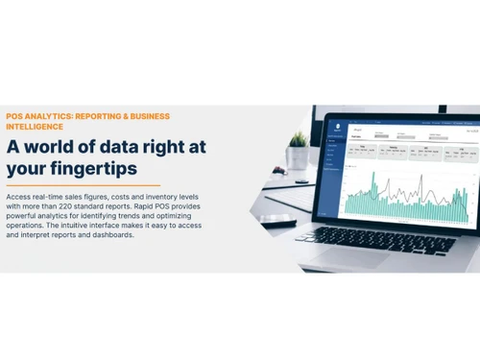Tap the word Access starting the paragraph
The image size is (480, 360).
pos(19,197)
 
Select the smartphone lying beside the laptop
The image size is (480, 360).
pos(278,220)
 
